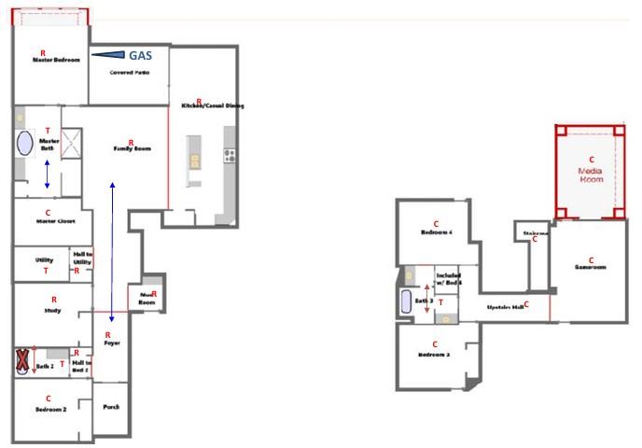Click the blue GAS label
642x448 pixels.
pos(141,56)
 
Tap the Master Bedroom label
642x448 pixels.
pos(56,60)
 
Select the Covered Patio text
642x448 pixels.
pos(129,72)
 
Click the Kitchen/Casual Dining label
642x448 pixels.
pos(213,106)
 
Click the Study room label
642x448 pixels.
pos(52,310)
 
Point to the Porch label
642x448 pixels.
pos(111,406)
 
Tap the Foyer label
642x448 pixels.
pos(111,343)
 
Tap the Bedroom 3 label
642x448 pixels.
pos(434,356)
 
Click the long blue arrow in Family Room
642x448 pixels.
pos(113,252)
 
